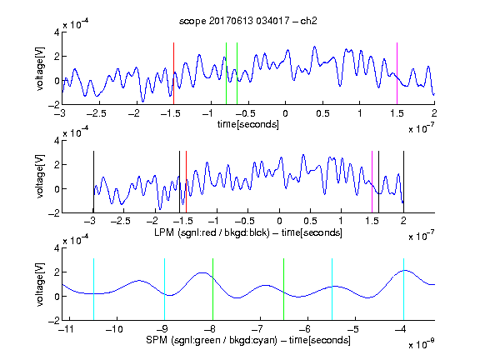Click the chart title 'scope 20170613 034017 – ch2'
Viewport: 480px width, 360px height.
coord(248,21)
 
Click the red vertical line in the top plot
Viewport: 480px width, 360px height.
coord(173,73)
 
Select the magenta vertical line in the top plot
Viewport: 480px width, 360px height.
coord(397,73)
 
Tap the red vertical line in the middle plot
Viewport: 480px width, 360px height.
coord(186,182)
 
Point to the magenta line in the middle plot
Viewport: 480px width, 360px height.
coord(372,182)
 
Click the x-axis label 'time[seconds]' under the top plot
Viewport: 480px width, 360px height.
coord(248,124)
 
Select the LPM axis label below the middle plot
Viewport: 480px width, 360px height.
coord(248,232)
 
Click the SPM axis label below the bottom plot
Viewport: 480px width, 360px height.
coord(248,340)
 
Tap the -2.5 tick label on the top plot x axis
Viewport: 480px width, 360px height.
coord(97,113)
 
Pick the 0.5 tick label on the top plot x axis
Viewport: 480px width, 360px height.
coord(322,113)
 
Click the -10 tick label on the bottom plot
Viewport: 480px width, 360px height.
coord(114,329)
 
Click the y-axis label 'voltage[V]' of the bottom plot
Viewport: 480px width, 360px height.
coord(40,284)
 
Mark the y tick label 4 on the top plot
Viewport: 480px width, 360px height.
coord(57,32)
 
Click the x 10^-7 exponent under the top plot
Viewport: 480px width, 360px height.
coord(422,128)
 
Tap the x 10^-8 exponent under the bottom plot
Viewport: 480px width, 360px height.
coord(422,344)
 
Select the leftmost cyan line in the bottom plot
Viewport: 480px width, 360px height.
coord(93,289)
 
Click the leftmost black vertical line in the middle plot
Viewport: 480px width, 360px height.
coord(93,182)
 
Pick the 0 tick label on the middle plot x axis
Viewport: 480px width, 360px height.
coord(279,221)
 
